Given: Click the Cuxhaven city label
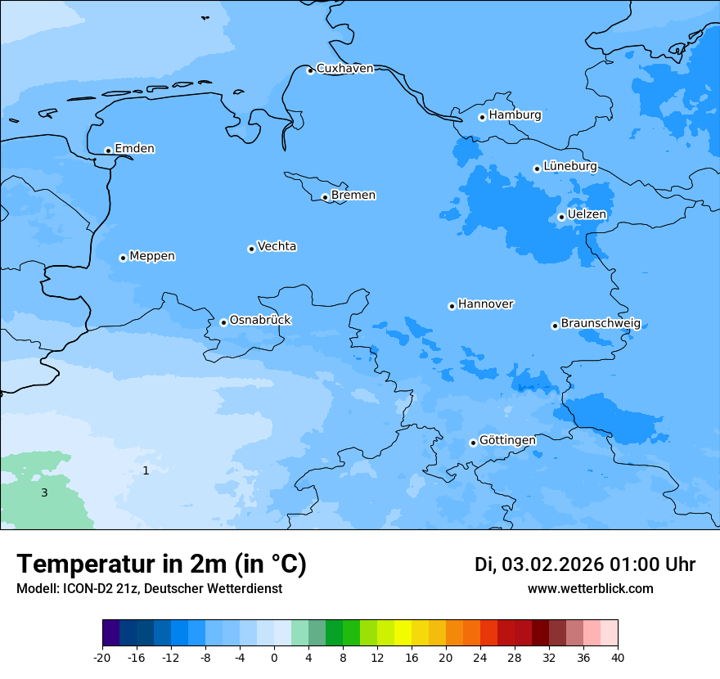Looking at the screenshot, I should (344, 69).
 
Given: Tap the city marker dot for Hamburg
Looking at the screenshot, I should (482, 117).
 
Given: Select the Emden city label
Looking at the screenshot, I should (134, 149).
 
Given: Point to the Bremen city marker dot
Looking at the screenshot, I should (325, 197).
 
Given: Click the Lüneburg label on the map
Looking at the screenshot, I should (569, 166).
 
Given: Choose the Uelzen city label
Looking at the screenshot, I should (587, 214).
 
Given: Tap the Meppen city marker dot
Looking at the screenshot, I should (123, 258).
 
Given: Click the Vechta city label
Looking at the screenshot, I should (277, 246).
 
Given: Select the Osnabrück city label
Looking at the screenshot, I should (260, 320).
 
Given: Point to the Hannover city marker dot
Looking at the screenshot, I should (452, 306).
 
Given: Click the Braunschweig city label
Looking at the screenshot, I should (601, 323).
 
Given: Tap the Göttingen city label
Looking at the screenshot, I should (507, 440).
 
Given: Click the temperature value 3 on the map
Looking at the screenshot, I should (44, 492).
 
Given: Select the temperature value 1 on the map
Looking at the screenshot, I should (146, 470).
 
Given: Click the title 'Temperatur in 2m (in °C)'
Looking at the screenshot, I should (161, 564).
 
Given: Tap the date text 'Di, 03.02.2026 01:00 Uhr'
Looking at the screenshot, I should (585, 564).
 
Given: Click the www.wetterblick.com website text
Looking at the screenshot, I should (590, 588).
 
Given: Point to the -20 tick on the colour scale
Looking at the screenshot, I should (102, 657).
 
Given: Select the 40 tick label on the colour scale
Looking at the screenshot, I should (617, 657).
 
